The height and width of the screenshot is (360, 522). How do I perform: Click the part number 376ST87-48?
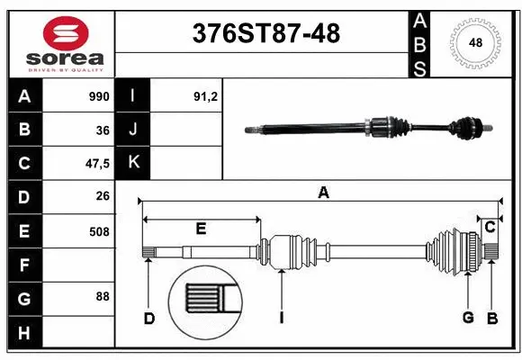pos(266,34)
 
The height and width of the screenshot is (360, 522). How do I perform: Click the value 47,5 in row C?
pos(97,164)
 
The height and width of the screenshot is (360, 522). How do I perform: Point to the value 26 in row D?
pos(103,196)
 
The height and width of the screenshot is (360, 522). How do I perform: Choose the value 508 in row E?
pos(99,230)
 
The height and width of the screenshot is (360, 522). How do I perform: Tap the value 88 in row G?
pos(103,295)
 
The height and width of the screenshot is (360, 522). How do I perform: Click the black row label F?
pos(23,265)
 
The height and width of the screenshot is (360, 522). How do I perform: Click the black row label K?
pos(133,163)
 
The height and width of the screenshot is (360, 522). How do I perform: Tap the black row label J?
pos(133,130)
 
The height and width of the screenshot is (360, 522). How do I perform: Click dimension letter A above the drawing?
pos(322,192)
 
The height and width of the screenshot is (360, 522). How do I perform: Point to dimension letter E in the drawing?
pos(201,229)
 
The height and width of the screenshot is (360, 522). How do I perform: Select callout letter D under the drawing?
pos(148,317)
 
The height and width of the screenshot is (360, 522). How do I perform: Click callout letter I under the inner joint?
pos(282,317)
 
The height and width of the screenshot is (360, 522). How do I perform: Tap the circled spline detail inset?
pos(205,301)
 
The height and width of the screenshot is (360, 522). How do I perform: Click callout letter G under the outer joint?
pos(468,317)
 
